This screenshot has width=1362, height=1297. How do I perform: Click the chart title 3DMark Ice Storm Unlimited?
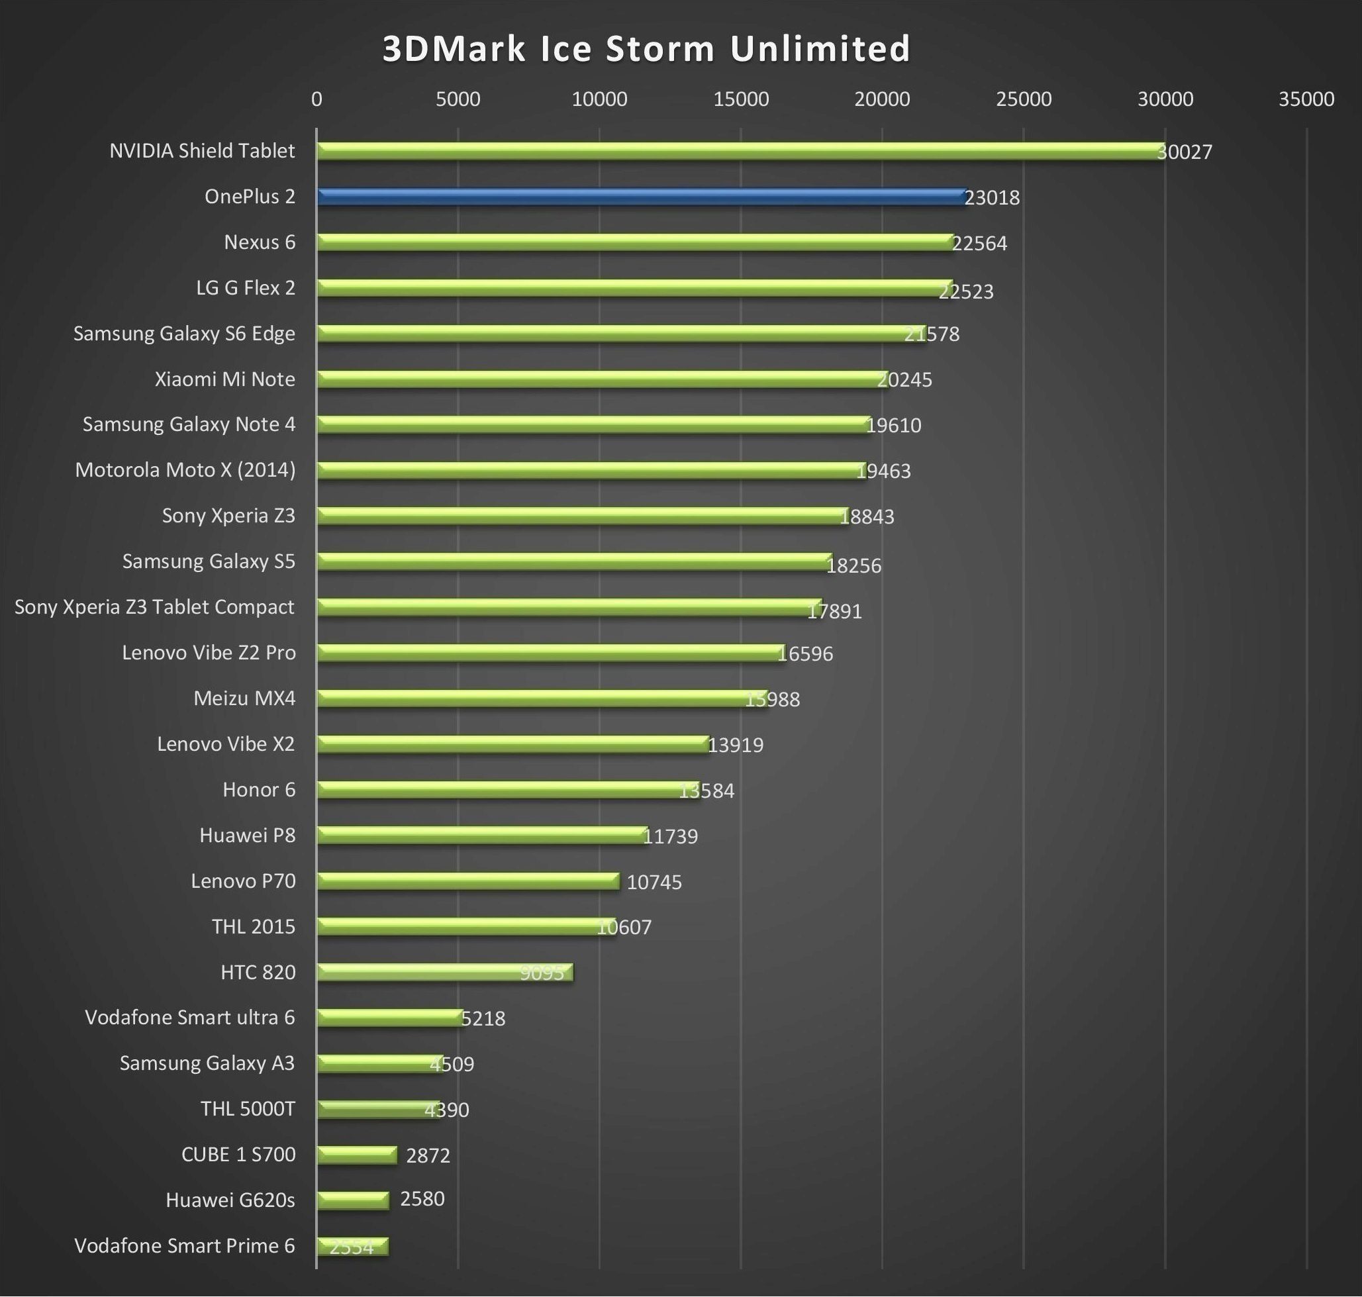[x=646, y=49]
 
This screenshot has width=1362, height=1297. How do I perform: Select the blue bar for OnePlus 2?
[x=640, y=197]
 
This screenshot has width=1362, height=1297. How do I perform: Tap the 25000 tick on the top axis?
[x=1023, y=99]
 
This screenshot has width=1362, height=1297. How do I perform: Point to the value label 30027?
[x=1185, y=152]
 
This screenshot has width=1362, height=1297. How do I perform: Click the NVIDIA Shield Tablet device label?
[x=202, y=151]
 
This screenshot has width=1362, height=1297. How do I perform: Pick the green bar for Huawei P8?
[x=482, y=835]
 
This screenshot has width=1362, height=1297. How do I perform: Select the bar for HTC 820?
[x=444, y=972]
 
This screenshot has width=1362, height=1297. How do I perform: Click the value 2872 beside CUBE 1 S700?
[x=428, y=1155]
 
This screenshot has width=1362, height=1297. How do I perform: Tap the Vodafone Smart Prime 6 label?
[x=185, y=1246]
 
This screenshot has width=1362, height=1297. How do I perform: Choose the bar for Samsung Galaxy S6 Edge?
[x=620, y=334]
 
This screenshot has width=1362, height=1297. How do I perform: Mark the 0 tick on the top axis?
[x=316, y=99]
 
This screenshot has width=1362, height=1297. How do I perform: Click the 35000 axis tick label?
[x=1306, y=99]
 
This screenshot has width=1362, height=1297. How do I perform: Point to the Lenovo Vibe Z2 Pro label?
[x=209, y=653]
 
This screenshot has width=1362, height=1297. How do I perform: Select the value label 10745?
[x=654, y=882]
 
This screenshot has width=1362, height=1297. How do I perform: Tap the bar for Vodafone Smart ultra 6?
[x=389, y=1018]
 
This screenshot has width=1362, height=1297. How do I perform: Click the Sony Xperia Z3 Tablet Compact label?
[x=154, y=607]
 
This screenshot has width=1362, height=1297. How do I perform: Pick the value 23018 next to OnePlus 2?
[x=991, y=198]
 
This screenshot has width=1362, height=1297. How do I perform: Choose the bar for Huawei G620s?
[x=353, y=1201]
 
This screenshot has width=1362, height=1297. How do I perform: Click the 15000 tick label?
[x=740, y=99]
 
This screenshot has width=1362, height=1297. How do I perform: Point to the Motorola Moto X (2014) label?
[x=185, y=470]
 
